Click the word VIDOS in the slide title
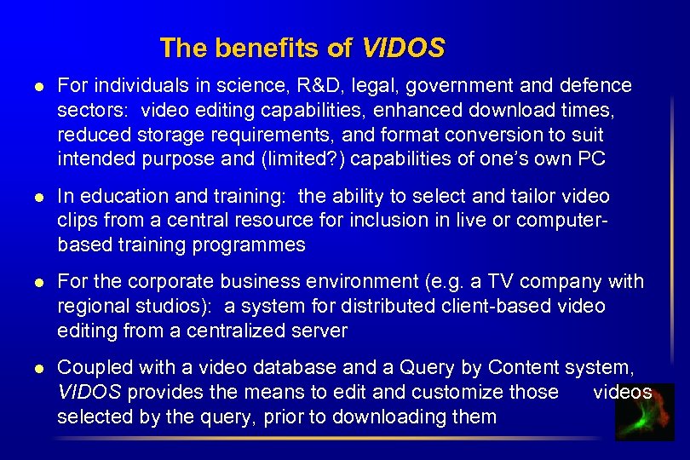403,48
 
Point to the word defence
596,86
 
